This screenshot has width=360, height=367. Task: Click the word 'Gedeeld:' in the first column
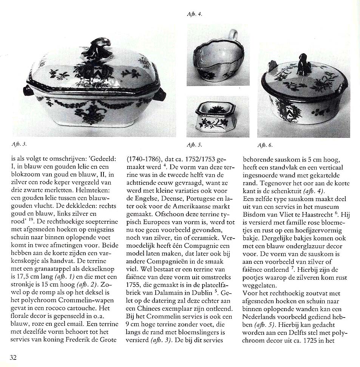pos(105,159)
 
